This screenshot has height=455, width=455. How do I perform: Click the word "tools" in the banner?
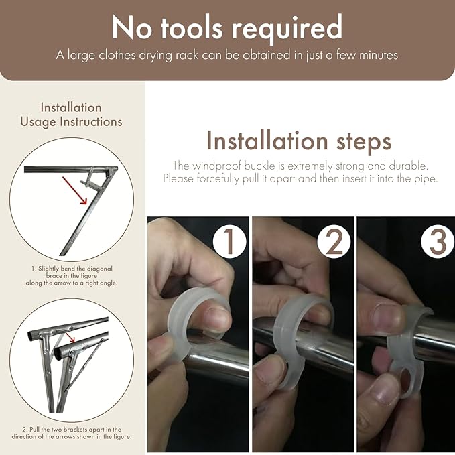coord(192,28)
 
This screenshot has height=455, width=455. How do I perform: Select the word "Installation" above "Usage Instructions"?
coord(71,107)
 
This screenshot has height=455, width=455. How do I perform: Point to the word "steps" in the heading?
coord(364,142)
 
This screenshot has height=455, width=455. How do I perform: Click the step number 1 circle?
coord(230,241)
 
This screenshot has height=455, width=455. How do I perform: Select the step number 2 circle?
coord(334,241)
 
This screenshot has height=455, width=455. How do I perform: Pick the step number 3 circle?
coord(438,241)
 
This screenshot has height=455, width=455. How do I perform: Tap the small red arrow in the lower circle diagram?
coord(70,338)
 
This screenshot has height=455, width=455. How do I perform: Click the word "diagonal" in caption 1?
coord(99,269)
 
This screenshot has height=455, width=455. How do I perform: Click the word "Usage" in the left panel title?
coord(38,122)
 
